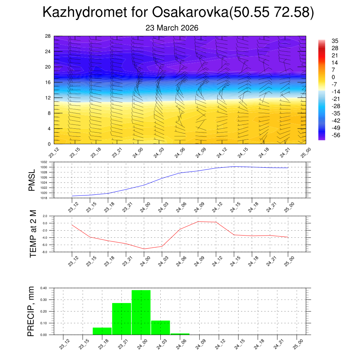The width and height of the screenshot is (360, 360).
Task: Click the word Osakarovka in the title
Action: click(190, 13)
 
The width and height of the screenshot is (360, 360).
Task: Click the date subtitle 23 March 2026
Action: click(172, 28)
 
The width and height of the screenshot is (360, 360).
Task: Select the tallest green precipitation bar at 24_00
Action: click(141, 312)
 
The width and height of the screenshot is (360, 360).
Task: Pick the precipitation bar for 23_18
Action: click(102, 331)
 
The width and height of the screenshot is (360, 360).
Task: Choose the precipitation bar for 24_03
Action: click(160, 327)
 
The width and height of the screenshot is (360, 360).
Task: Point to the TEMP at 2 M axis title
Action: click(33, 233)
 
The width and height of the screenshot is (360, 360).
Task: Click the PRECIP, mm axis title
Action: click(32, 311)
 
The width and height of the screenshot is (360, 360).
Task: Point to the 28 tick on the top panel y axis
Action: click(48, 36)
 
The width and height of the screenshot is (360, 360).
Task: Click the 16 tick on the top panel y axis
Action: click(48, 82)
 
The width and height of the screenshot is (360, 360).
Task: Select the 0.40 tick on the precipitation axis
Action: click(43, 288)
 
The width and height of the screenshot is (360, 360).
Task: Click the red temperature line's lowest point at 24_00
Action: click(144, 249)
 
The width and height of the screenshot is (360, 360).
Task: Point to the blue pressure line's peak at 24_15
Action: click(234, 166)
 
